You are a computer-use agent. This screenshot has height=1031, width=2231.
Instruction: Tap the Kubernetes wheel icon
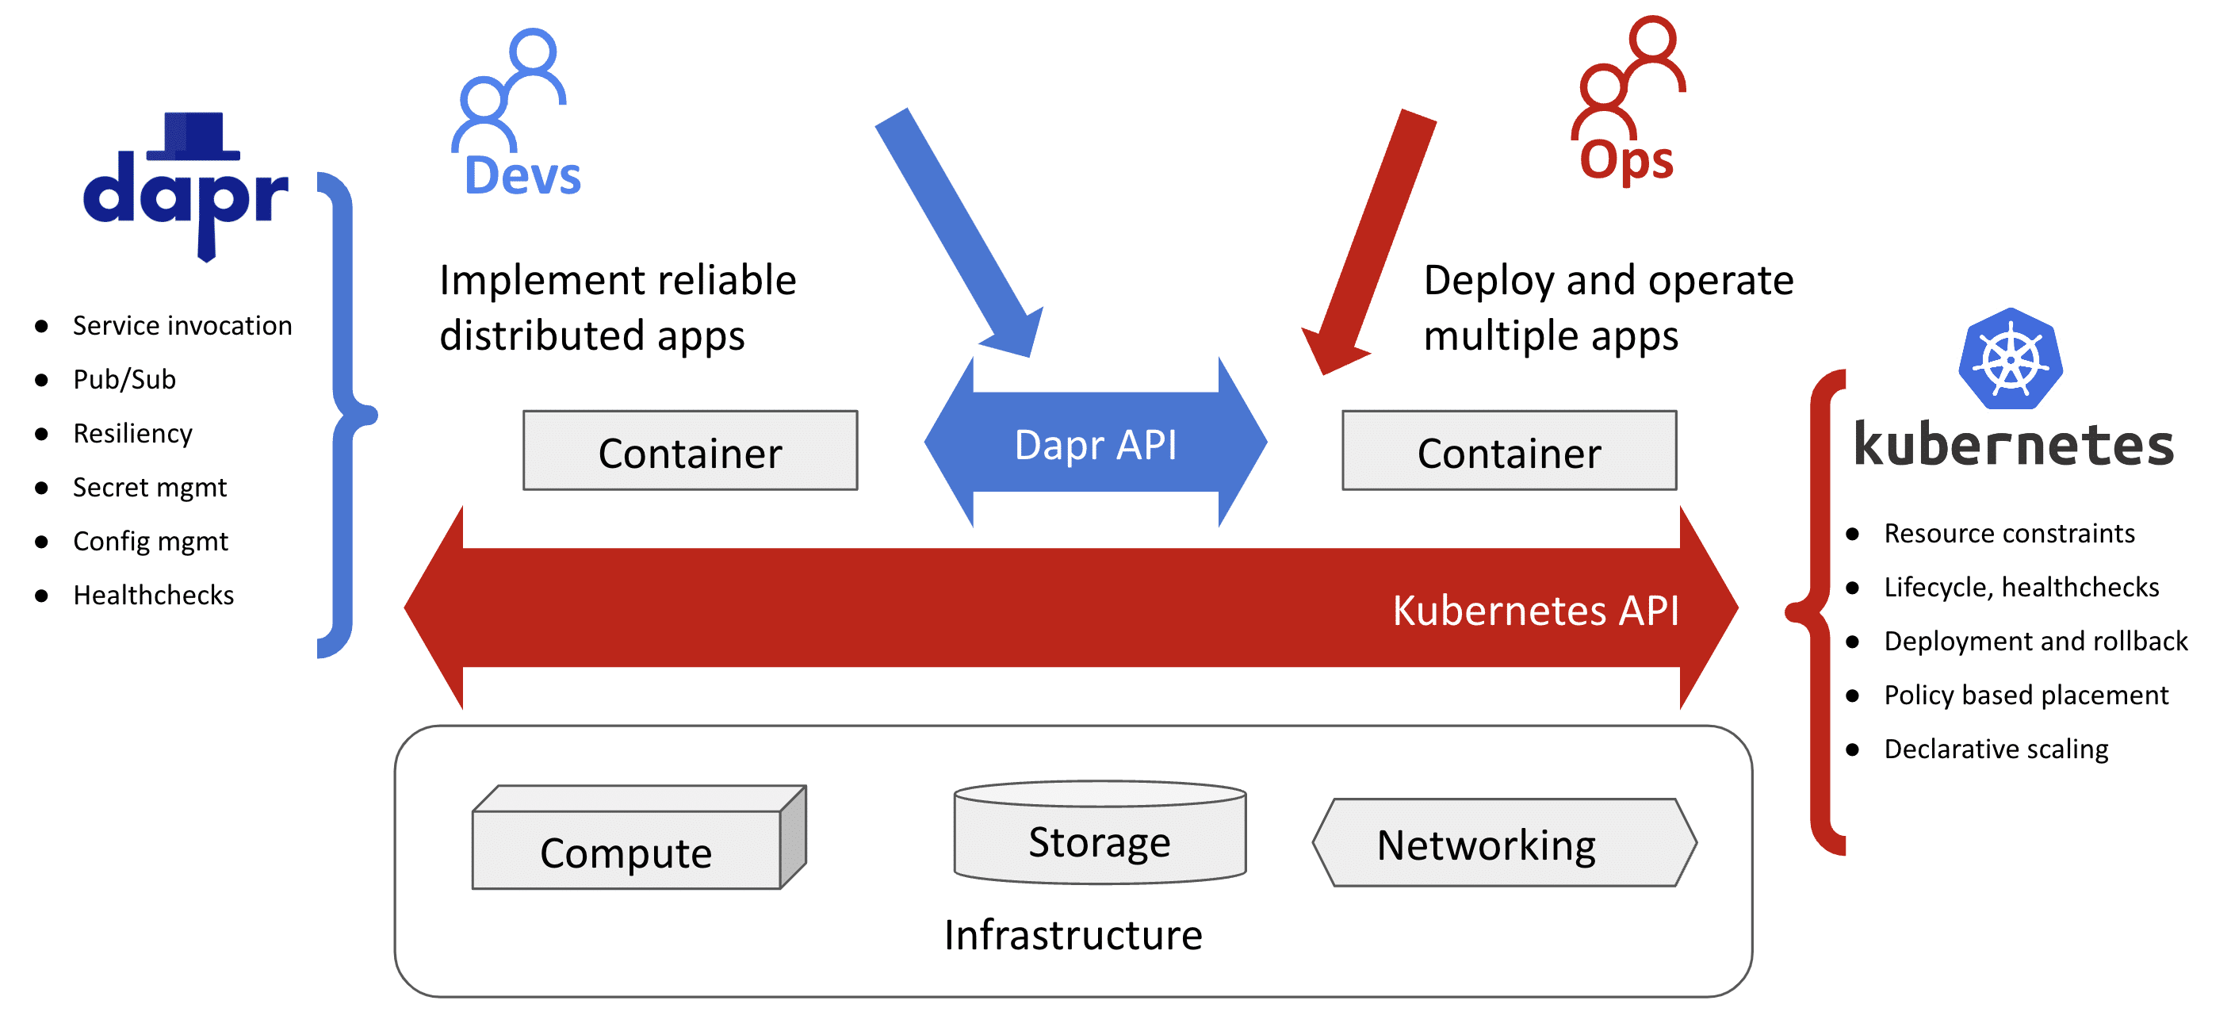2010,358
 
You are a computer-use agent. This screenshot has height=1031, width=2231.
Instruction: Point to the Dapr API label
1096,444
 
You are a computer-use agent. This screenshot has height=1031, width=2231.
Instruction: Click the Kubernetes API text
1535,610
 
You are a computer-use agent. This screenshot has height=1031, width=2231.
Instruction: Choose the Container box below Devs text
691,451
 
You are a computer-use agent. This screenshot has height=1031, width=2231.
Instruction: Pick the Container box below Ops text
1509,451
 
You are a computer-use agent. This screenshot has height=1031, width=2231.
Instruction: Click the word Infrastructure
1073,935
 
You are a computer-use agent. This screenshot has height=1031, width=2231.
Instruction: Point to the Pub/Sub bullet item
124,379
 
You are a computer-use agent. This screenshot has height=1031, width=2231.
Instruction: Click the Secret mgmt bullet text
149,488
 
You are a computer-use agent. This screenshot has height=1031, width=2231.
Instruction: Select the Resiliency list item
132,433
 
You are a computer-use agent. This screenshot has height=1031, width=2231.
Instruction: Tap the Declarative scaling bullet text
1996,749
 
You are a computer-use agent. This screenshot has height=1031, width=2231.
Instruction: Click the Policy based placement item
2026,695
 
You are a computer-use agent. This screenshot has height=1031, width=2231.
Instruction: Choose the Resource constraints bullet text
2008,533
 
